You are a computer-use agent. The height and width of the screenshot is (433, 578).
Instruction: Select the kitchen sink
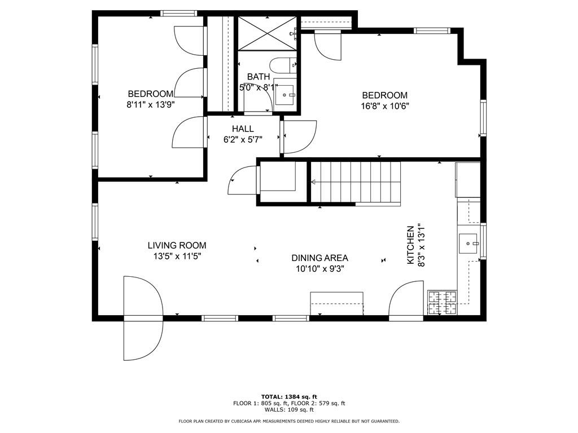pos(469,244)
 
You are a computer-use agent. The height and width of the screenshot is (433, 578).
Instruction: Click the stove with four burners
pos(442,302)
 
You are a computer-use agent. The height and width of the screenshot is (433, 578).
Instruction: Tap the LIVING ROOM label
pos(177,245)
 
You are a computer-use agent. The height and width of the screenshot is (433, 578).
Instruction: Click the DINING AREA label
pos(319,258)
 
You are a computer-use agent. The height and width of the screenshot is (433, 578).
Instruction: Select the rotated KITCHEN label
pos(411,246)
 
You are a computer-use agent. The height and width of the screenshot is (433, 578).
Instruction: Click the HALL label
pos(243,129)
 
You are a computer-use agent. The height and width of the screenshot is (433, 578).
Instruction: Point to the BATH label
pos(259,77)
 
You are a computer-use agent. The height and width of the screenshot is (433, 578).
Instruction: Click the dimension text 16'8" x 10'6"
pos(385,105)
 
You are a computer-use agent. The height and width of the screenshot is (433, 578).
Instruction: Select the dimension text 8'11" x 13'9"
pos(150,104)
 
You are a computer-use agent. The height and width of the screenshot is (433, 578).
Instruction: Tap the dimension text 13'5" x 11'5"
pos(177,256)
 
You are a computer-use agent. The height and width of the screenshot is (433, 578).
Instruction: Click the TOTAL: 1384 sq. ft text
pos(289,396)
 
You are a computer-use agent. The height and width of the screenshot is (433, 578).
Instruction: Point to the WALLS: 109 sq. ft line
pos(289,410)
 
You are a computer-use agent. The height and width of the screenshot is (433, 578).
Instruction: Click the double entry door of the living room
pos(143,317)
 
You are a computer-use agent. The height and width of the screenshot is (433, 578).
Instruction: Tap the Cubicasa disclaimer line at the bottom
pos(289,421)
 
